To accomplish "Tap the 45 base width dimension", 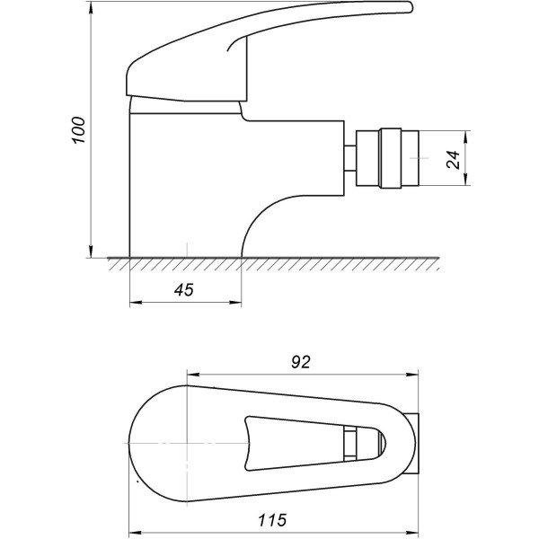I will tap(184, 289).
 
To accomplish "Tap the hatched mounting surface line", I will tap(269, 263).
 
